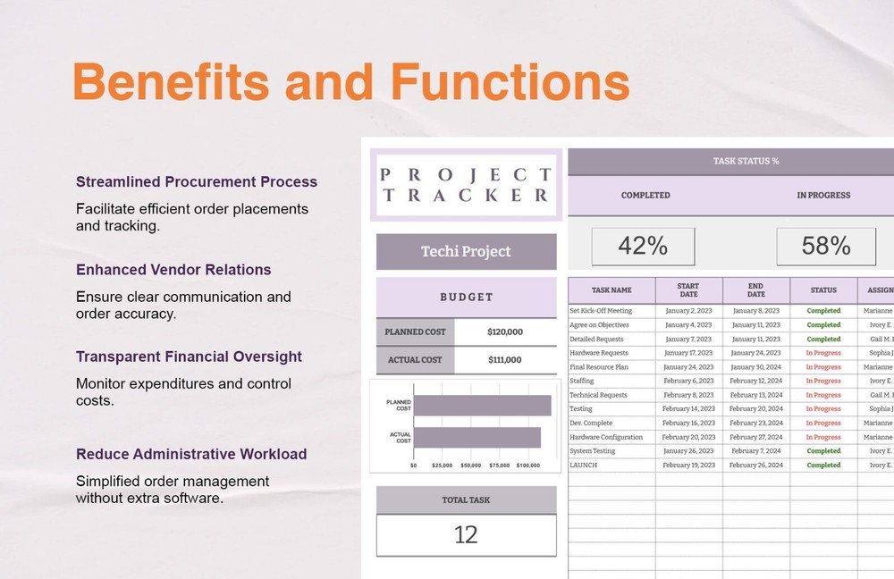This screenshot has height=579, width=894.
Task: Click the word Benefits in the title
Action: click(170, 82)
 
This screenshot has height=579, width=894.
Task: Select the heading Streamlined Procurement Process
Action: click(197, 181)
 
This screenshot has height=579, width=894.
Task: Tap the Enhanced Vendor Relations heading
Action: click(173, 269)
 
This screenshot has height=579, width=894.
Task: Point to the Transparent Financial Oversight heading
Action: click(190, 357)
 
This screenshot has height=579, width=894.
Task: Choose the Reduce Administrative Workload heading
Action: click(191, 454)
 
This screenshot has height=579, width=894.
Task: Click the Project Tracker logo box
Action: click(466, 184)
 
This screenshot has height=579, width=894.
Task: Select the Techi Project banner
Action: click(466, 252)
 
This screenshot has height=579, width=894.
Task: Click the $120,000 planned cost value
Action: click(505, 331)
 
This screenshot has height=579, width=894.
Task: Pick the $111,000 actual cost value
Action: click(505, 359)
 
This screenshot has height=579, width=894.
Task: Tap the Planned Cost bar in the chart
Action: click(483, 406)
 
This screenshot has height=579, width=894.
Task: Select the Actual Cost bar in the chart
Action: click(477, 437)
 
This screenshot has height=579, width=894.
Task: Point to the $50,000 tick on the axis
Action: click(470, 466)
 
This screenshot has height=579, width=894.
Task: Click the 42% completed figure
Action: click(643, 246)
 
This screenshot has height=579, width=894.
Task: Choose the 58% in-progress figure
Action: click(826, 246)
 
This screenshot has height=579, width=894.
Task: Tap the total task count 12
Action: click(466, 534)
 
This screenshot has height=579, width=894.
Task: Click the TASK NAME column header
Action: click(611, 289)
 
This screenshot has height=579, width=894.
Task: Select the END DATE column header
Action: click(756, 289)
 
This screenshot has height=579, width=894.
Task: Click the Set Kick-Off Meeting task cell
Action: click(601, 311)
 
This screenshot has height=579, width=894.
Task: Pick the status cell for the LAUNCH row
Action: click(823, 466)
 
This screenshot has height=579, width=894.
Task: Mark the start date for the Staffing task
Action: click(688, 381)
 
